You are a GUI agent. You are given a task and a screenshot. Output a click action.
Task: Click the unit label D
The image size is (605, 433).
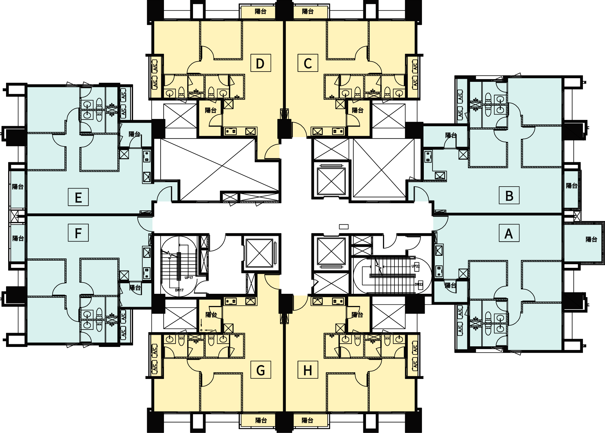(x=260, y=63)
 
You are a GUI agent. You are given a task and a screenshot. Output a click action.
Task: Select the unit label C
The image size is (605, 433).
(x=308, y=63)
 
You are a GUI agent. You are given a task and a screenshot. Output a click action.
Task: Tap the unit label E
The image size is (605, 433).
(x=78, y=197)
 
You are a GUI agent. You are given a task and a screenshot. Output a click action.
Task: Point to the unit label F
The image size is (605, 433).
(x=78, y=233)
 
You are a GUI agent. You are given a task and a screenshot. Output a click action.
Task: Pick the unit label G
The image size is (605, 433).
(x=260, y=370)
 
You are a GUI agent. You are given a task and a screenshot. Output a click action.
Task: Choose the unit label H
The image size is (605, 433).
(x=308, y=370)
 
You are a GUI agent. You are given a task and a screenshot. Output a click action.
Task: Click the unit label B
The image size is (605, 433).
(x=509, y=195)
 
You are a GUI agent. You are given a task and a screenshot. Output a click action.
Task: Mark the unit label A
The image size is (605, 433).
(x=509, y=233)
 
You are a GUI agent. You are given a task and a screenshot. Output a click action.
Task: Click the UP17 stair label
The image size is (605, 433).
(x=189, y=277)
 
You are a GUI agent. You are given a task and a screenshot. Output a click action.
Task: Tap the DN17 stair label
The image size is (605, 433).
(x=179, y=290)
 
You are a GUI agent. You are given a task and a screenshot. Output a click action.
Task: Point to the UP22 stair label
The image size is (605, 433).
(x=415, y=266)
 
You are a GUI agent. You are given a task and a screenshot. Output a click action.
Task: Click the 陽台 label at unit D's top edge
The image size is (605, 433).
(x=260, y=12)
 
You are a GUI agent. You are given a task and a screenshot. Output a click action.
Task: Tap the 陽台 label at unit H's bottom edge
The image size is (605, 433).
(x=307, y=420)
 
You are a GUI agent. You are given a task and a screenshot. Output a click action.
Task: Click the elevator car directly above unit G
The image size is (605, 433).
(x=259, y=253)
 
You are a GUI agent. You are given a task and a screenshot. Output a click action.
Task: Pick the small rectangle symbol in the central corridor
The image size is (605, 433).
(x=344, y=226)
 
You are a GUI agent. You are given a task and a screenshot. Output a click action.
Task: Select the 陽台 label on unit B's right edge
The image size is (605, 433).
(x=571, y=186)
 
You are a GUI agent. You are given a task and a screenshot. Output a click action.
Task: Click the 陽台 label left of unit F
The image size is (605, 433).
(x=18, y=238)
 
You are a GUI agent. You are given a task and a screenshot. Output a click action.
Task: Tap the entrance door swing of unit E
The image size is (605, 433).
(x=164, y=195)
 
